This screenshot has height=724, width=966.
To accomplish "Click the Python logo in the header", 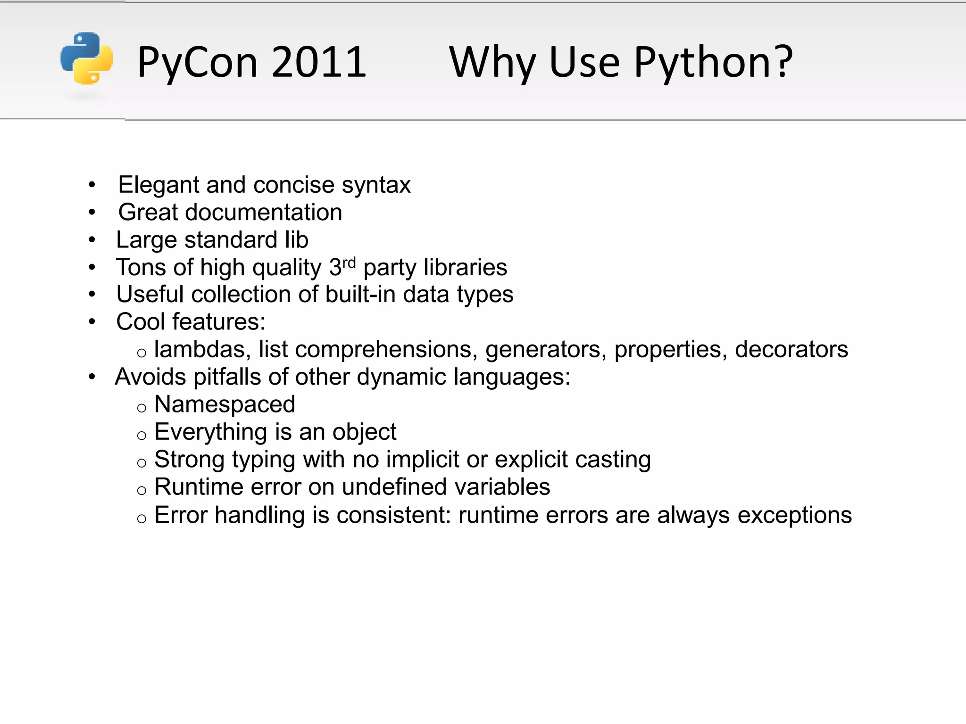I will [87, 58].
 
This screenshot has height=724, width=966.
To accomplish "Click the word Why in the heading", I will [492, 63].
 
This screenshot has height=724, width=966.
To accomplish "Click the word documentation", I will [263, 212].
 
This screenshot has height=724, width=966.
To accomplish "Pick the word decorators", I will [791, 349].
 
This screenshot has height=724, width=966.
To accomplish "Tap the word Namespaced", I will [225, 404].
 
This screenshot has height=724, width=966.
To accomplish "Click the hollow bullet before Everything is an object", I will [142, 435].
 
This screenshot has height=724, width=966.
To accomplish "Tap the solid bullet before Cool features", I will [92, 322].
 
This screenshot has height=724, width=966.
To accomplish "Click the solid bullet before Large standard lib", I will [92, 240].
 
